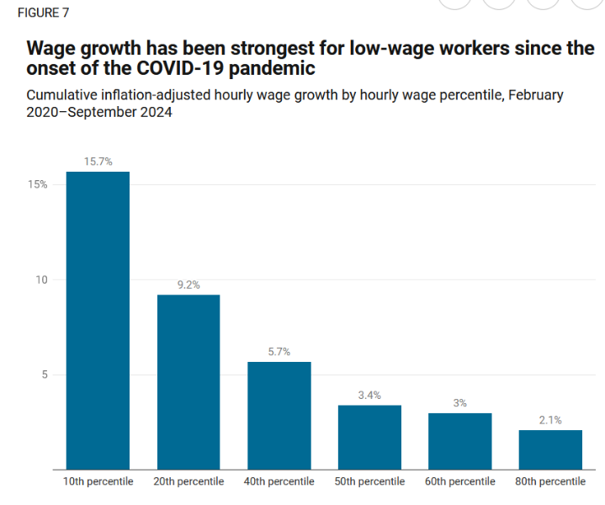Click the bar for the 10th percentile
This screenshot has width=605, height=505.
pos(98,320)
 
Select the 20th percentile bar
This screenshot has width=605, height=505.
pos(188,381)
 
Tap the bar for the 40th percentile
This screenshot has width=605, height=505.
pos(279,415)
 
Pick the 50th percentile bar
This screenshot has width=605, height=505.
pos(369,437)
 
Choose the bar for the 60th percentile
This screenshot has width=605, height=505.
pos(459,440)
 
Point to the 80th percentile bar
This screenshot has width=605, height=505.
pos(550,449)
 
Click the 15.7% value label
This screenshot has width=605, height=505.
pos(98,162)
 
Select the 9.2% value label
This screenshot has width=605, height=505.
pos(188,285)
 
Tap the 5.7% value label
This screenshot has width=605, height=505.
pos(279,352)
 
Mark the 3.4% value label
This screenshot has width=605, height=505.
pos(369,395)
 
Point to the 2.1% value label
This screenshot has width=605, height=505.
pos(550,420)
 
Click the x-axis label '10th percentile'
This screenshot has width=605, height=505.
pos(98,481)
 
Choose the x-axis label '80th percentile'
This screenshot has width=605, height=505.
pos(550,481)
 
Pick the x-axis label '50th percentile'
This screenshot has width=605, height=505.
pos(369,481)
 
